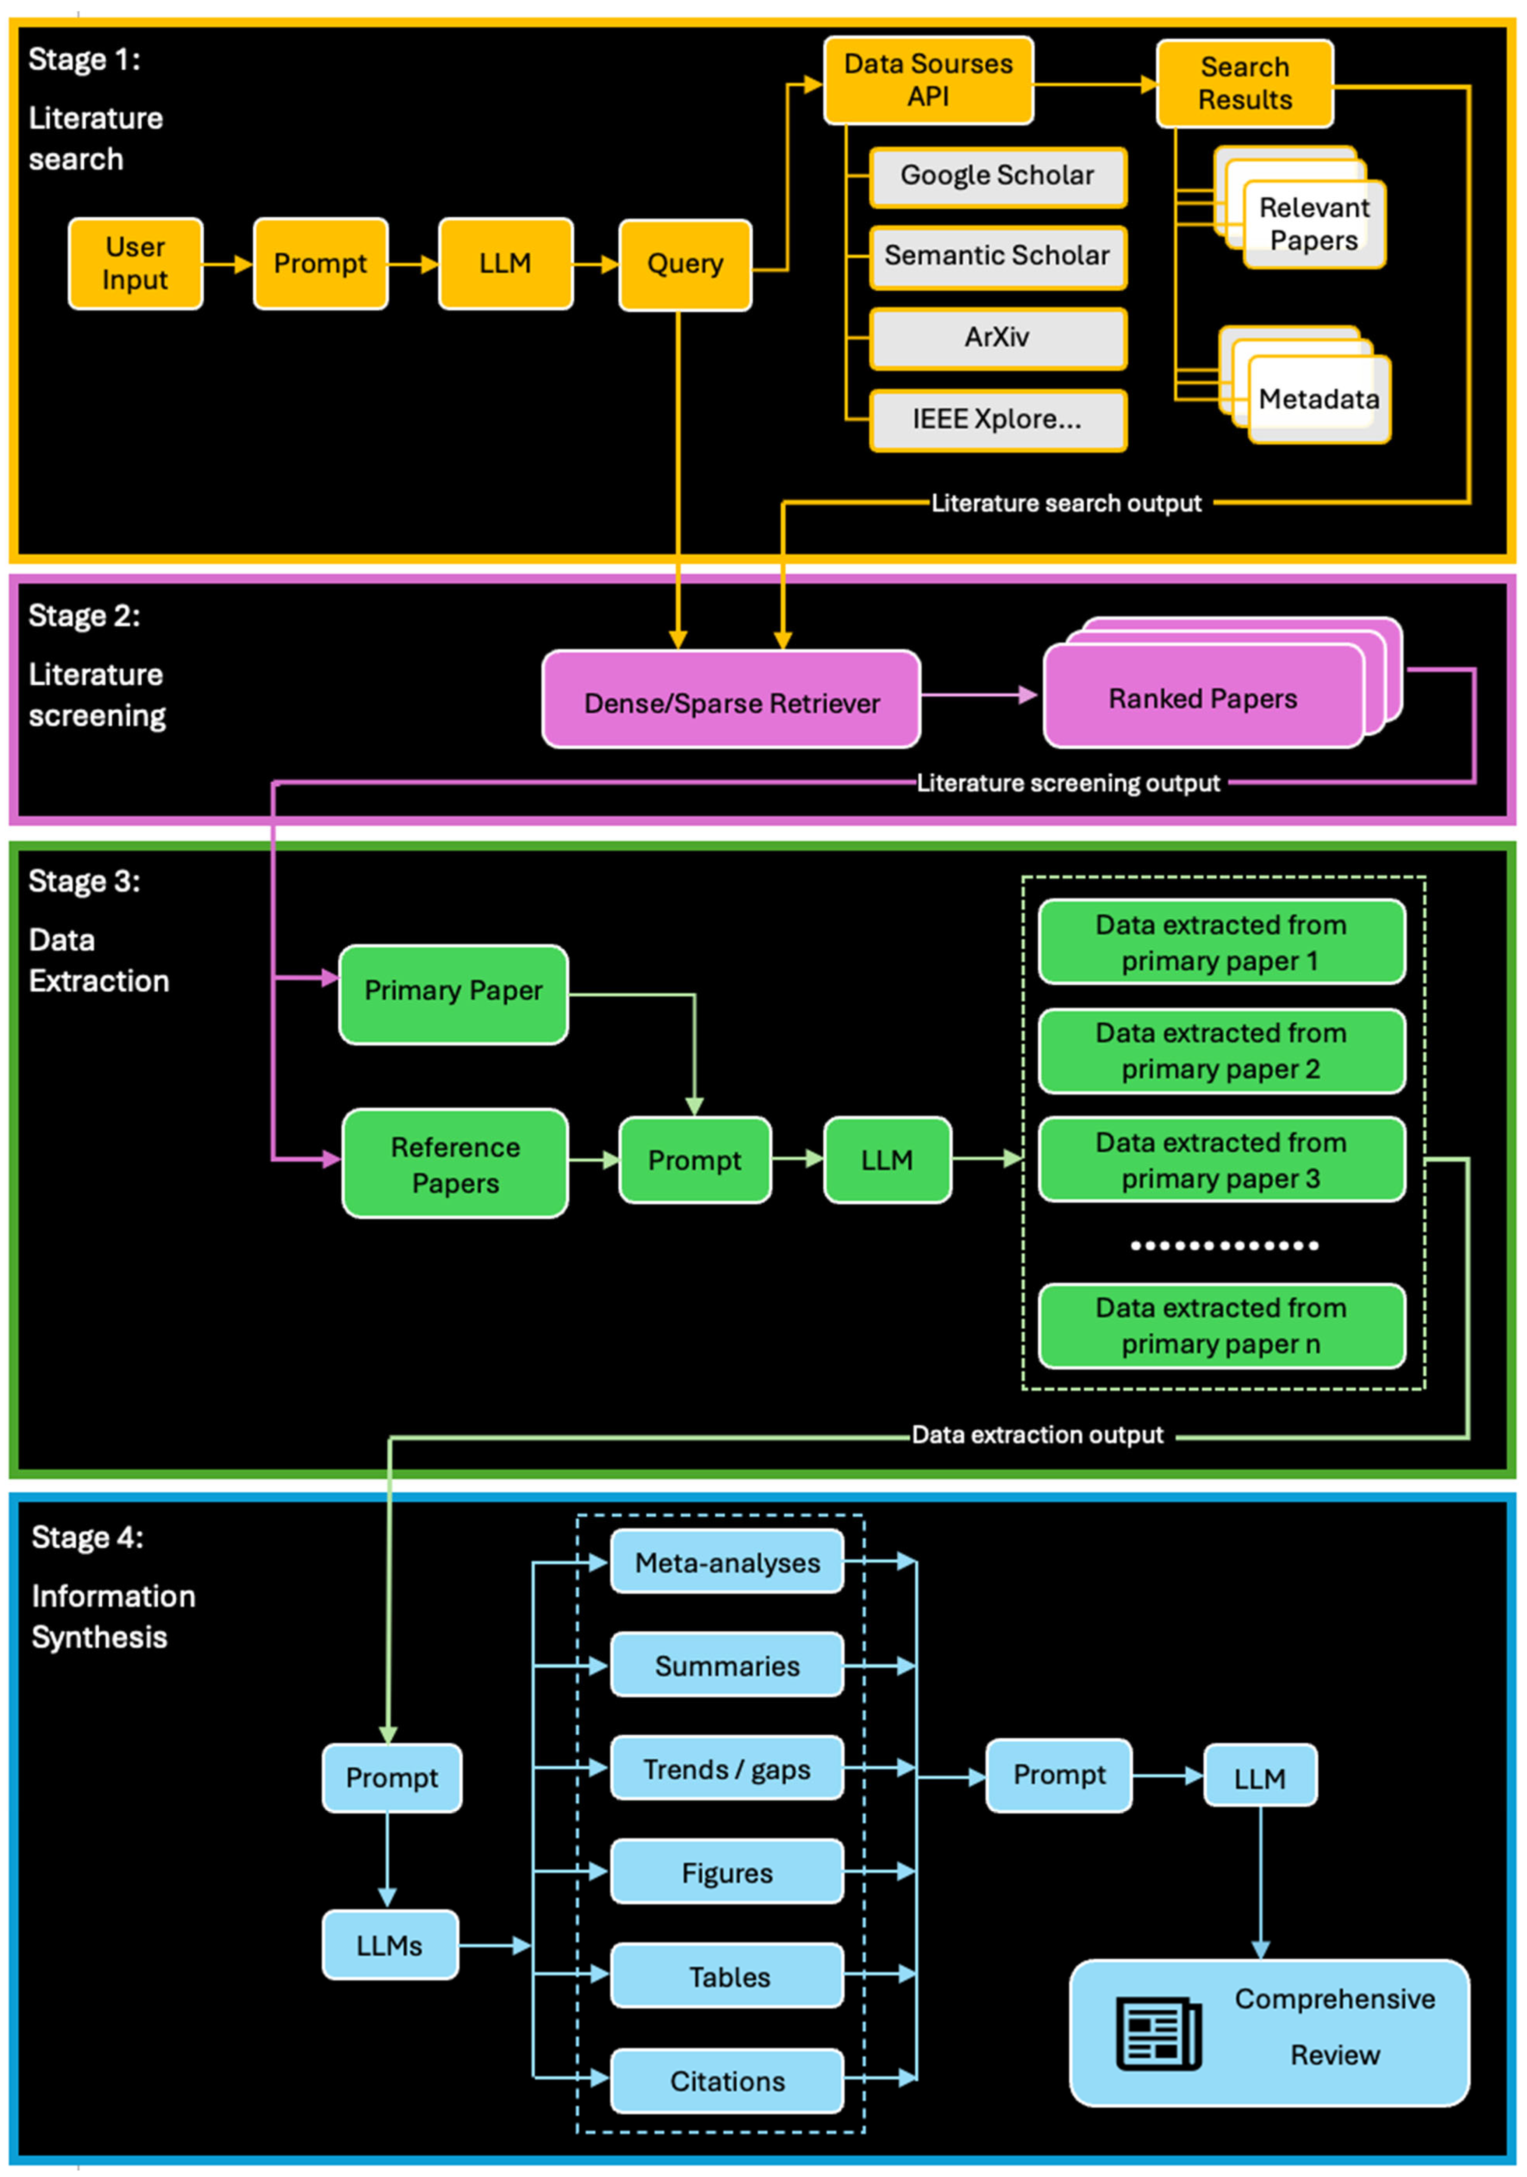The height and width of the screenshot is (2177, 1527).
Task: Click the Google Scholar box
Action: [997, 176]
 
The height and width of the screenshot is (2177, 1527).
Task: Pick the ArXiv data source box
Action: [997, 338]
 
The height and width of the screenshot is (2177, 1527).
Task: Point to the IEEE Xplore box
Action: [997, 419]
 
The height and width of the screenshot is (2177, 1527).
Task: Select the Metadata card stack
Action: [1318, 398]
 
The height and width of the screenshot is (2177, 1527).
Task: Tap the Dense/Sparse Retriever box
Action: [731, 703]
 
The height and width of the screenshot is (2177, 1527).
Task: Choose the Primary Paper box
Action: [453, 991]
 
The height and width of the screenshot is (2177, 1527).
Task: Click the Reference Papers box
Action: [455, 1164]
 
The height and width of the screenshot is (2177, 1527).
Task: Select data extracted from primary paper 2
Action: [1221, 1051]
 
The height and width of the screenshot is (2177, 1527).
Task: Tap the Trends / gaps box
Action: [727, 1769]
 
